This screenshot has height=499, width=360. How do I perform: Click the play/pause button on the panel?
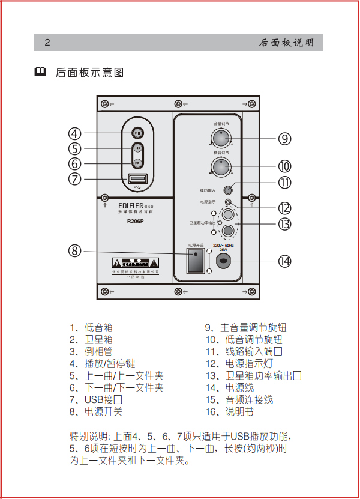click(x=138, y=133)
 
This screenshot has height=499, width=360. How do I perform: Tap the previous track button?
click(x=138, y=148)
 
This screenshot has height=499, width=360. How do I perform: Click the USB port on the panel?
click(x=137, y=179)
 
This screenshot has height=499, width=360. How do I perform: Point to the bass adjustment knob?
click(x=221, y=166)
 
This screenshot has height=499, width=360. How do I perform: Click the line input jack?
click(x=228, y=190)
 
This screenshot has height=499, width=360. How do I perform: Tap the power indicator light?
click(x=228, y=202)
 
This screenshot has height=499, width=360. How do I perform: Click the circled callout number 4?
click(x=74, y=133)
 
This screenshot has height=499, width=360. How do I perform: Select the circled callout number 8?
click(x=74, y=250)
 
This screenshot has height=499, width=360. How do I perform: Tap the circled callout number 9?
click(x=284, y=139)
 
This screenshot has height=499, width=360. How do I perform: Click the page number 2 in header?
click(x=47, y=43)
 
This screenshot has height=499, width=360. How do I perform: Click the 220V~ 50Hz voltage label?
click(x=223, y=246)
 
